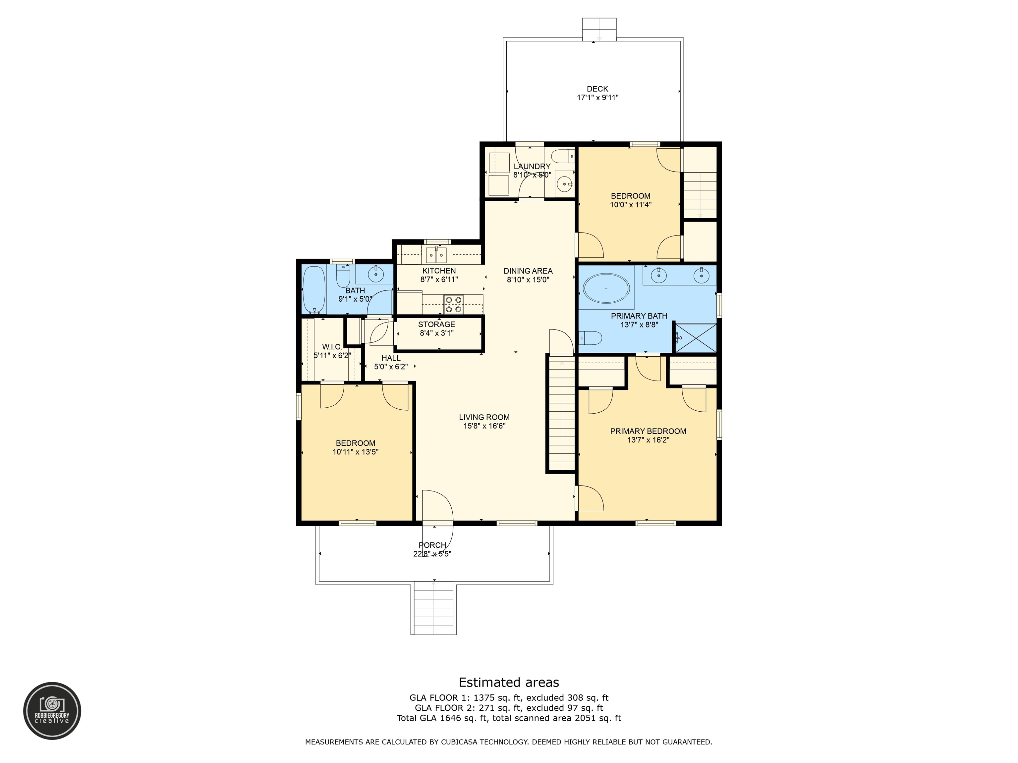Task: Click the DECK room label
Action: [x=597, y=89]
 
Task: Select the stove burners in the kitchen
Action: [x=453, y=304]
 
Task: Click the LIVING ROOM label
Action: [x=484, y=417]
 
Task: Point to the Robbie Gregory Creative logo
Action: [x=52, y=711]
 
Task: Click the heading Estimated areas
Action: [x=509, y=682]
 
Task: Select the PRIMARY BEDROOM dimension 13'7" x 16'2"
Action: [x=648, y=440]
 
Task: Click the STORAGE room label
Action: [x=436, y=324]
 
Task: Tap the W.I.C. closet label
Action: [x=332, y=346]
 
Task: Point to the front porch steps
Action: [x=433, y=608]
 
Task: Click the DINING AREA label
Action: [x=528, y=271]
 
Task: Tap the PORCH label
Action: [x=432, y=545]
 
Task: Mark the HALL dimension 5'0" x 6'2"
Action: [x=391, y=367]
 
